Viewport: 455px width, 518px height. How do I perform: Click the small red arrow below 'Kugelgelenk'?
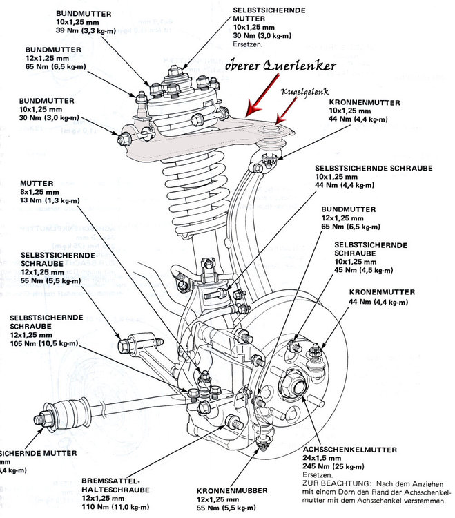point(282,113)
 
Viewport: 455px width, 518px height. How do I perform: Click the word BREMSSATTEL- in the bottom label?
point(110,479)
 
